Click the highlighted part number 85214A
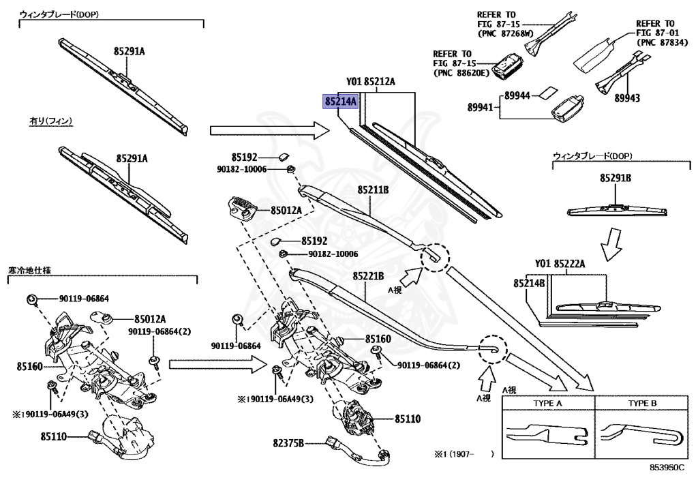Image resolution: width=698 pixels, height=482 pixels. click(341, 102)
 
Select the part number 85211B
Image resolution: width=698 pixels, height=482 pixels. click(373, 190)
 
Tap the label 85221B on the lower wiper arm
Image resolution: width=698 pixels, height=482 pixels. click(368, 276)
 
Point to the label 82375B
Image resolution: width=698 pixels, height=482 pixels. click(288, 443)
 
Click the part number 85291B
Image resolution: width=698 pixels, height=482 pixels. click(616, 178)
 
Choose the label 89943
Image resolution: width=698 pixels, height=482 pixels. click(627, 98)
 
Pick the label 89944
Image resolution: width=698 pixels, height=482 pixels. click(517, 95)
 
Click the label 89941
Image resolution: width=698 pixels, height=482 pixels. click(480, 107)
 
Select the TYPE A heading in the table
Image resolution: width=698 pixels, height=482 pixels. click(547, 403)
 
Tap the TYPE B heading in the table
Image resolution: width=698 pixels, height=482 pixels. click(642, 403)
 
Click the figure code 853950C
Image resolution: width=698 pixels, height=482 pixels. click(667, 467)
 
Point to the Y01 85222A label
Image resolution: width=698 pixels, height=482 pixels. click(560, 264)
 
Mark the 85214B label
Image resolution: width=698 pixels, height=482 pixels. click(529, 283)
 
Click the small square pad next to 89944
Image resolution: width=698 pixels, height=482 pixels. click(547, 93)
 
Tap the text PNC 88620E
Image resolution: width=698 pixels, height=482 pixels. click(461, 72)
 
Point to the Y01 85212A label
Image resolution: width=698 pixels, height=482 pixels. click(370, 81)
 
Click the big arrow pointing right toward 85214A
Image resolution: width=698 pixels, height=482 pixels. click(270, 130)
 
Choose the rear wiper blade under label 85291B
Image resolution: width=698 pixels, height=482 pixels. click(617, 210)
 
